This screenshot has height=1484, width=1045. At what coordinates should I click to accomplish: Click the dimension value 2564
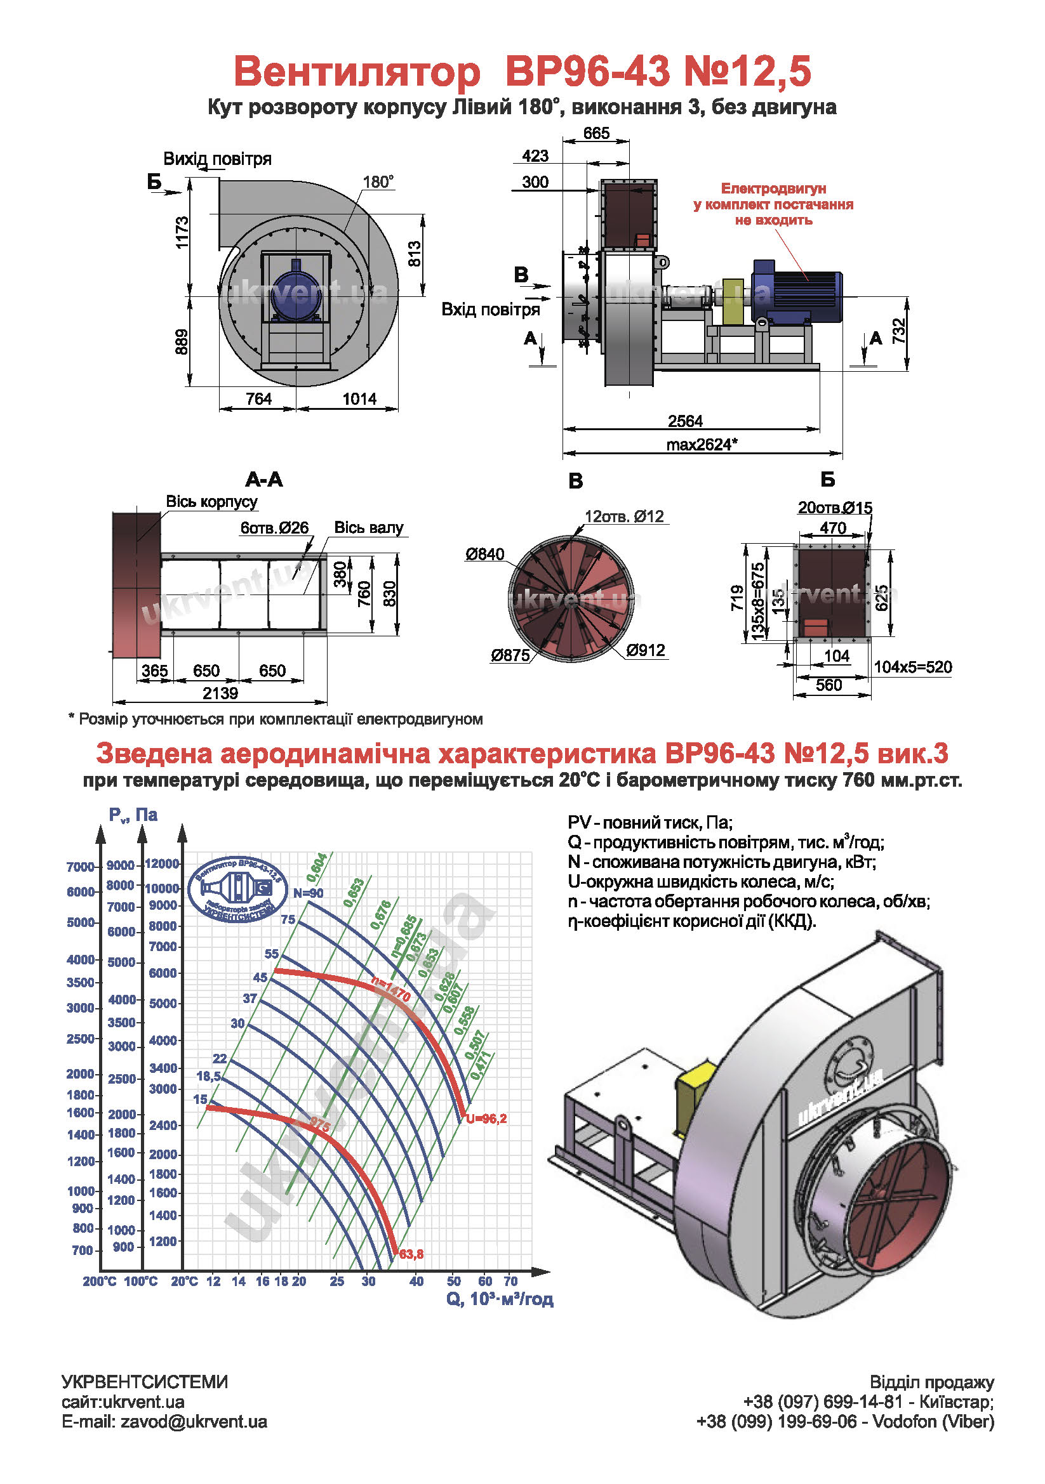(x=685, y=421)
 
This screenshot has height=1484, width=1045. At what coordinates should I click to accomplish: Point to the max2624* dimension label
(x=702, y=445)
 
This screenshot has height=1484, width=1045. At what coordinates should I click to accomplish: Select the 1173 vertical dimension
(x=182, y=232)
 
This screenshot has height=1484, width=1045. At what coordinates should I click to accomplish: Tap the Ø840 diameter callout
(x=484, y=554)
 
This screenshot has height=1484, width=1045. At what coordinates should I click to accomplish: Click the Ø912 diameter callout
(x=646, y=650)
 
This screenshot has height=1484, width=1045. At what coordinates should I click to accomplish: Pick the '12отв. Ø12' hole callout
(x=624, y=516)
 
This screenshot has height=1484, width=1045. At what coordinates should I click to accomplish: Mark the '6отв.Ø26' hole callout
(x=274, y=528)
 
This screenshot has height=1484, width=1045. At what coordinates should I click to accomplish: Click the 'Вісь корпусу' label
(x=211, y=502)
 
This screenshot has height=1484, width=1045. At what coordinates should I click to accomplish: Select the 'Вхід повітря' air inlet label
(x=490, y=310)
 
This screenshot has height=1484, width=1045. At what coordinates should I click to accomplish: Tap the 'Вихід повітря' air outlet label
(x=217, y=159)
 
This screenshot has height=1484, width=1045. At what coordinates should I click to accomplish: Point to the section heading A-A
(x=264, y=480)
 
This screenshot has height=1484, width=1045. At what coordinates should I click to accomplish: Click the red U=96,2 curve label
(x=486, y=1119)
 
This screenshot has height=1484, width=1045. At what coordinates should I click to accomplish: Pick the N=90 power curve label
(x=309, y=893)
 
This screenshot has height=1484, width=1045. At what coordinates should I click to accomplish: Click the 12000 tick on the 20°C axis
(x=162, y=863)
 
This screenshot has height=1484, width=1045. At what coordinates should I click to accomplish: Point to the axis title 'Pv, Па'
(x=133, y=815)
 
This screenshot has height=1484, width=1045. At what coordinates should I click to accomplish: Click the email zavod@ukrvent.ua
(x=164, y=1422)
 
